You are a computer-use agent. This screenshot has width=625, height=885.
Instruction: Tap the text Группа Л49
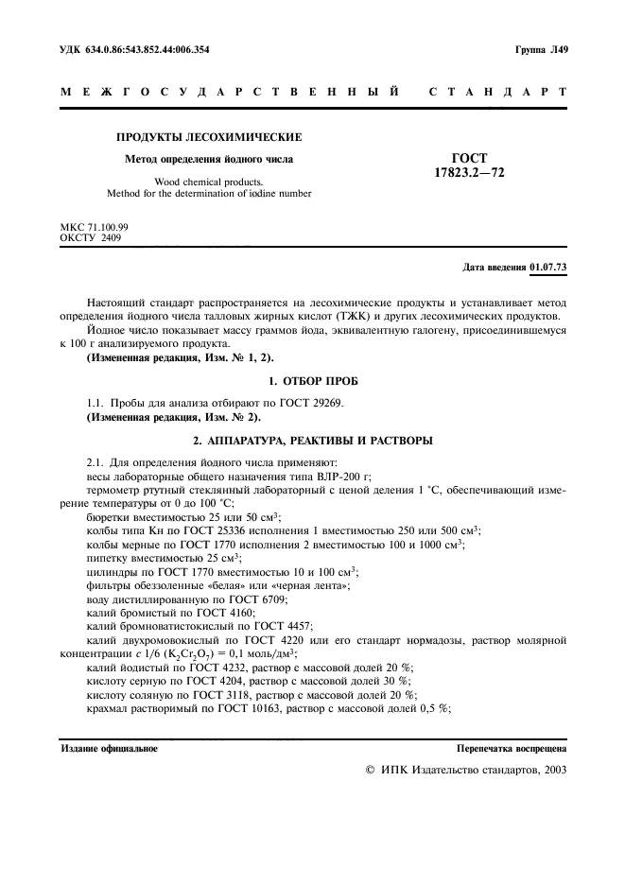pyautogui.click(x=541, y=49)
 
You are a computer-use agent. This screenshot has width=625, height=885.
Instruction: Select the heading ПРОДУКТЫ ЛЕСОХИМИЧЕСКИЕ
pyautogui.click(x=209, y=137)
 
